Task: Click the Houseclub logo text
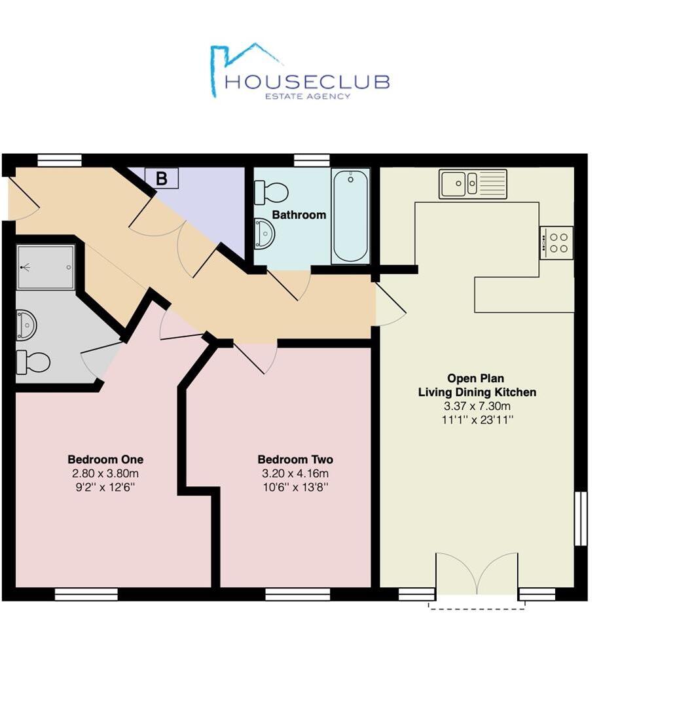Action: (306, 82)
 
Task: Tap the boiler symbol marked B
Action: (160, 177)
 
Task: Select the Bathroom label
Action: (299, 215)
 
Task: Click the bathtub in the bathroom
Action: (350, 215)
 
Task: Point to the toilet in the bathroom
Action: (272, 192)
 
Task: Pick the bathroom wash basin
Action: (264, 233)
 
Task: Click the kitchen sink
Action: (473, 183)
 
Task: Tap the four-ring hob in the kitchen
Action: (557, 242)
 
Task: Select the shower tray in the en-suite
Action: (45, 267)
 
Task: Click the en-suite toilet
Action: (34, 361)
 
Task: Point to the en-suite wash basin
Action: (26, 325)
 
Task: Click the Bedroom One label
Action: (105, 460)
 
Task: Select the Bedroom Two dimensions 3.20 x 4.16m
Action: (295, 474)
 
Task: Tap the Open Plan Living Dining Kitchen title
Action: (477, 386)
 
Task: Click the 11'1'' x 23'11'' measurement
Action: (477, 420)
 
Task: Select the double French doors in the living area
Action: (477, 575)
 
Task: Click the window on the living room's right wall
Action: (580, 518)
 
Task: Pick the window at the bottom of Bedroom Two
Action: (297, 594)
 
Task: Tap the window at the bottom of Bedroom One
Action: (86, 594)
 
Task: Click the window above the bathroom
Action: (312, 160)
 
